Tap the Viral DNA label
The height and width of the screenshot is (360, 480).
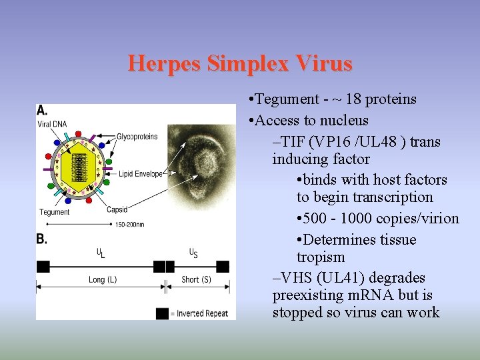[52, 124]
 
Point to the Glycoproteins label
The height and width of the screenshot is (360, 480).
[137, 137]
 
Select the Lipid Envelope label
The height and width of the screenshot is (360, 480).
[141, 174]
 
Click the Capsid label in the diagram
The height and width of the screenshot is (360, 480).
[117, 210]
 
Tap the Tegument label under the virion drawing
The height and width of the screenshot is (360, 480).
[55, 212]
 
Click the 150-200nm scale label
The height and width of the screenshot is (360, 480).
[129, 225]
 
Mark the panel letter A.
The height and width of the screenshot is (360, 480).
[41, 111]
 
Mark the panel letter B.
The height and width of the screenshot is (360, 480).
[41, 239]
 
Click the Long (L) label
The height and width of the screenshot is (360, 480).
[103, 280]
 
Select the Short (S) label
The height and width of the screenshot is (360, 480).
[196, 280]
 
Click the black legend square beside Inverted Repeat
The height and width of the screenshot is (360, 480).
[162, 313]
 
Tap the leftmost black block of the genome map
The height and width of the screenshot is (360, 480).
[43, 266]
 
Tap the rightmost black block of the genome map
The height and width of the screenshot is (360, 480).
[223, 266]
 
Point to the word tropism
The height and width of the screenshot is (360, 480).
[321, 257]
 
